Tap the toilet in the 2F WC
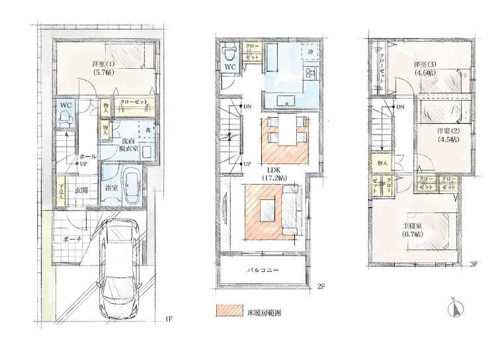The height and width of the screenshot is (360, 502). (x=228, y=50)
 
